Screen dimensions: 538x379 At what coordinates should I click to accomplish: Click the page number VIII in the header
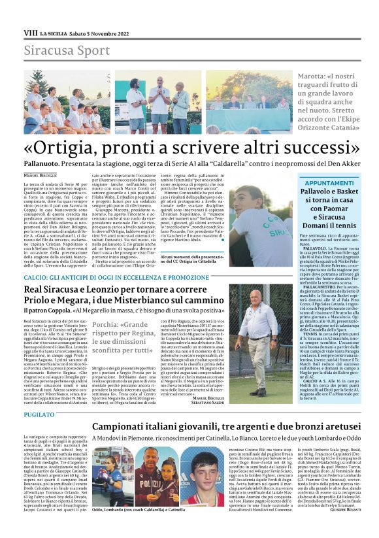(30, 32)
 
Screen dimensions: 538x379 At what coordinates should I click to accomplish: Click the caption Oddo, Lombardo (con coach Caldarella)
(138, 527)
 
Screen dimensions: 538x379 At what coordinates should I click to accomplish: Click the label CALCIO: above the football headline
(38, 277)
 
